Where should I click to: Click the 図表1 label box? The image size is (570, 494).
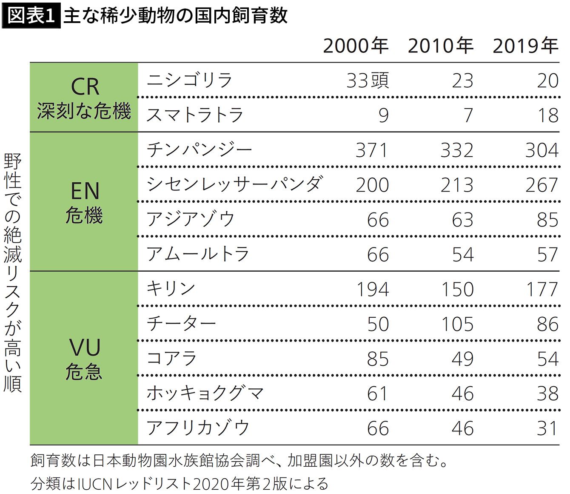[31, 15]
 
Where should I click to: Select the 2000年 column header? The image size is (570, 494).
[356, 46]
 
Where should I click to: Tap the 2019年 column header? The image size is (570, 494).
[525, 46]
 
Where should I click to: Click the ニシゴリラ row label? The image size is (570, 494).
[189, 80]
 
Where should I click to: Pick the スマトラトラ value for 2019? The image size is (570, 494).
[547, 115]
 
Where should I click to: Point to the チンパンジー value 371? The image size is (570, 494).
[372, 150]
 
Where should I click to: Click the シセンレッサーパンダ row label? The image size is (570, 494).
[234, 184]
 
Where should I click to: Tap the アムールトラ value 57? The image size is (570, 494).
[547, 255]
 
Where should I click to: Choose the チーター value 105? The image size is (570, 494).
[457, 325]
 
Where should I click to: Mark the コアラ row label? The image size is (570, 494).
[171, 359]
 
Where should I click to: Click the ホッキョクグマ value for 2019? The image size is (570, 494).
[547, 394]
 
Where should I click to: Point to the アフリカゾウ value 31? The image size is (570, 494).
[547, 428]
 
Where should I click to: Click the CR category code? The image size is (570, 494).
[85, 87]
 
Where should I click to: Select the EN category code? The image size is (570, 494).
[85, 191]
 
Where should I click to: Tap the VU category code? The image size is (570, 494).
[85, 348]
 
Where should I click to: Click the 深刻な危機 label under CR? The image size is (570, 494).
[84, 111]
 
